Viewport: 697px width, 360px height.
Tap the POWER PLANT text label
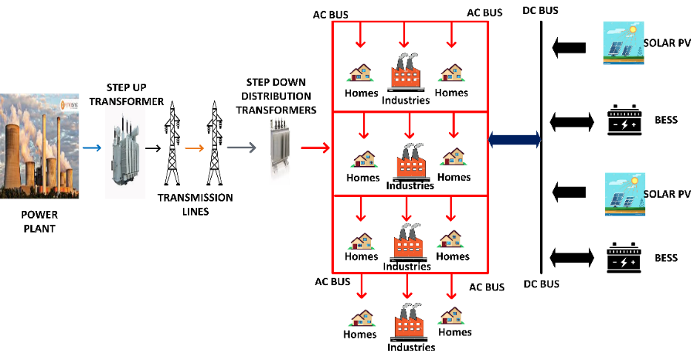[x=38, y=221]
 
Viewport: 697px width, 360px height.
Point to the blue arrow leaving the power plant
[x=92, y=148]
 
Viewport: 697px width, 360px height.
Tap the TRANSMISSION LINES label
[x=195, y=204]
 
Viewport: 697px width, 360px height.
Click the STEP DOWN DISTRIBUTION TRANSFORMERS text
[x=276, y=96]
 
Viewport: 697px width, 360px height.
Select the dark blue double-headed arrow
[x=515, y=139]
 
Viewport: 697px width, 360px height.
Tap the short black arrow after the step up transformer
[x=153, y=148]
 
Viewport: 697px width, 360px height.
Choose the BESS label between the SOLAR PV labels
[x=666, y=120]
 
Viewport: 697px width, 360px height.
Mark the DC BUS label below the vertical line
[x=541, y=284]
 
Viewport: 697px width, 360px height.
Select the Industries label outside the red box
[x=411, y=347]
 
